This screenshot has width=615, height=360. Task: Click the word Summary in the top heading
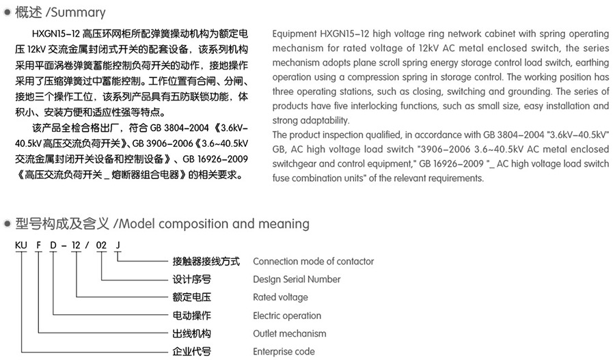click(81, 12)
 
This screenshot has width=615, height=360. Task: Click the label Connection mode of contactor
click(313, 262)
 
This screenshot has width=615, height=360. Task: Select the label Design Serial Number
click(297, 279)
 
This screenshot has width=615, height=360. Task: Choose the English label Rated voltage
click(280, 297)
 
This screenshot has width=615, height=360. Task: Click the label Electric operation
click(287, 316)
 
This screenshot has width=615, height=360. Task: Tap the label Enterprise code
click(284, 351)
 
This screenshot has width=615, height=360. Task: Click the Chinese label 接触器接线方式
click(206, 262)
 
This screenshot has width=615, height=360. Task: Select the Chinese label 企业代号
click(191, 351)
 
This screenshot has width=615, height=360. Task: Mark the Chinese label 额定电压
click(191, 297)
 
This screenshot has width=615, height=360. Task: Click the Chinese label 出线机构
click(191, 333)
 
